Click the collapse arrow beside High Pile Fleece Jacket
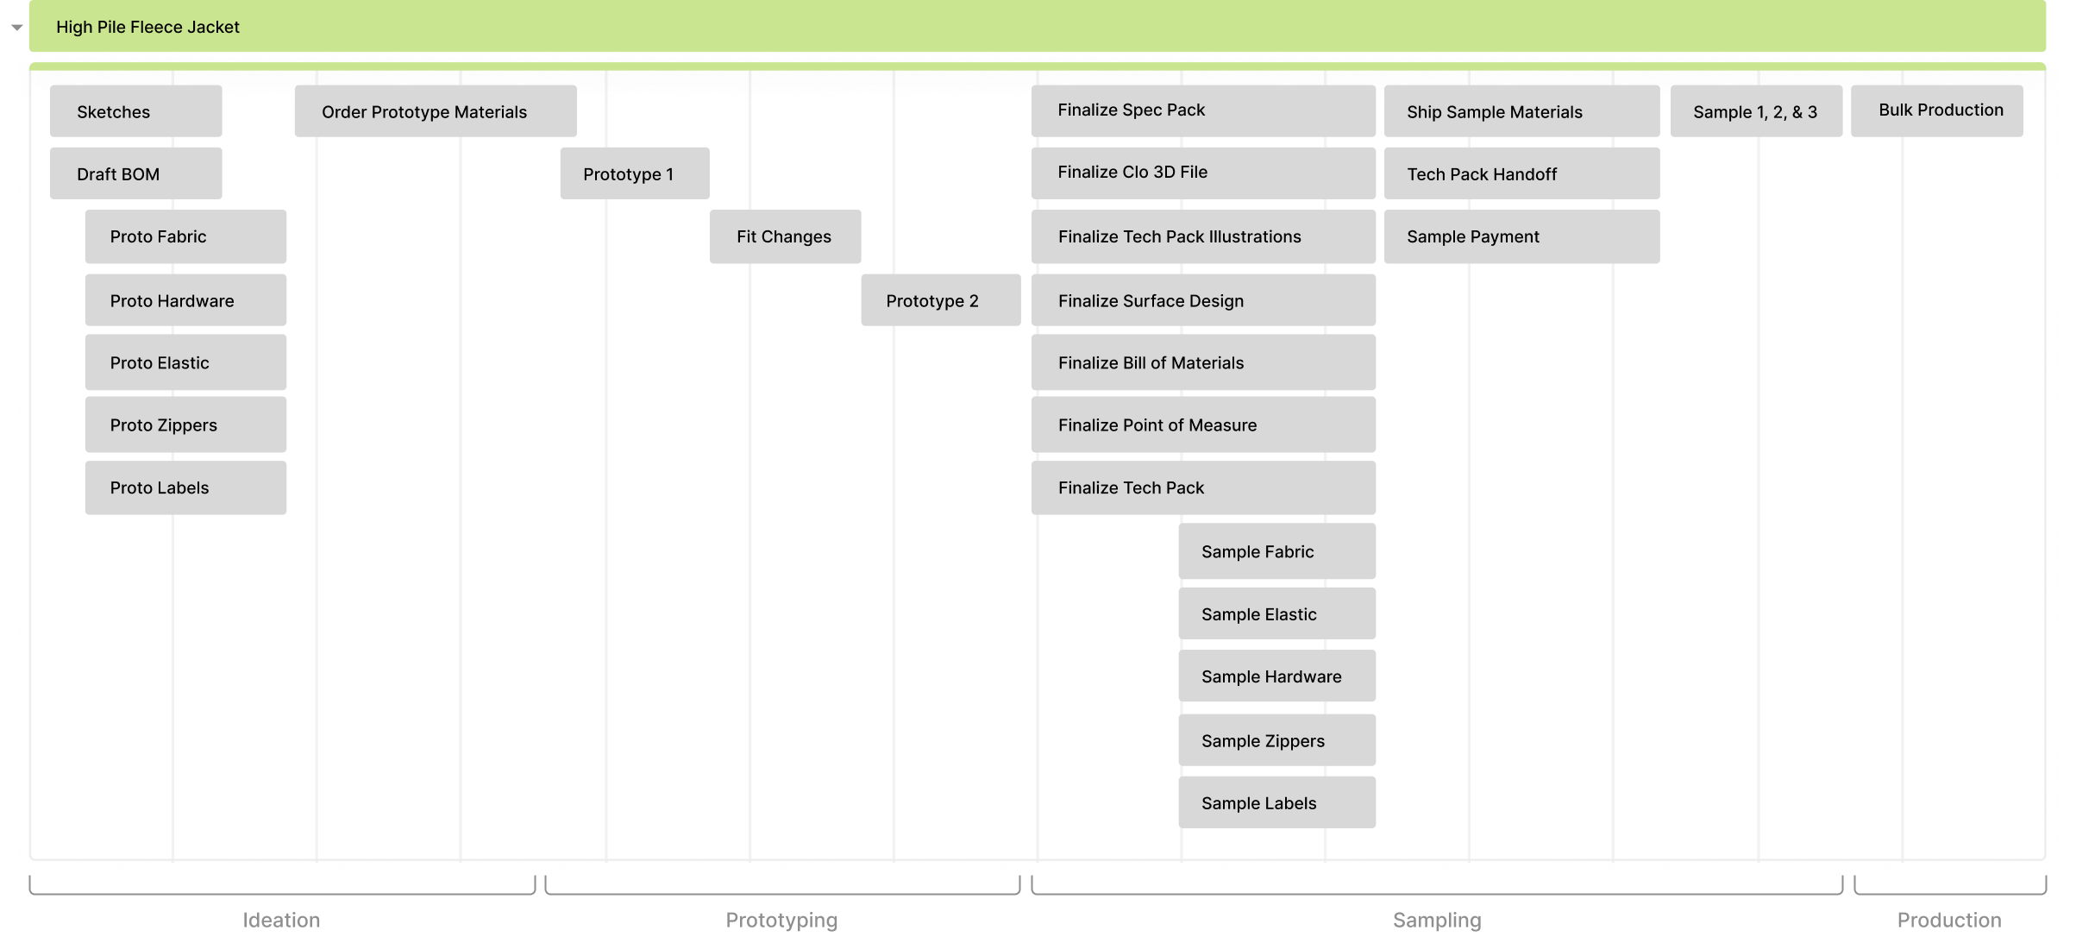[x=16, y=28]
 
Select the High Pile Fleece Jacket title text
[x=147, y=27]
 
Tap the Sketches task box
[x=135, y=111]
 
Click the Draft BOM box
[x=135, y=173]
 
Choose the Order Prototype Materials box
[x=435, y=111]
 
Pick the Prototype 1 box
[x=634, y=173]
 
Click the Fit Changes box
[x=785, y=236]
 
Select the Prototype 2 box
[x=940, y=300]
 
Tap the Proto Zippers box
[x=185, y=424]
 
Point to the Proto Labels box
[x=185, y=487]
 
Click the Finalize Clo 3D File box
[x=1203, y=173]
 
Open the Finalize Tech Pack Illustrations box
[x=1203, y=236]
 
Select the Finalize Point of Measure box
[x=1203, y=424]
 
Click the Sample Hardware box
[x=1276, y=676]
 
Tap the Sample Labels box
[x=1276, y=802]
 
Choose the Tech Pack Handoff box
[x=1521, y=173]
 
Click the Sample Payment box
[x=1521, y=236]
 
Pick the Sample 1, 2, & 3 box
[x=1756, y=111]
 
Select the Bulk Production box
[x=1936, y=110]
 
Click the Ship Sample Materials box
[x=1521, y=111]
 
